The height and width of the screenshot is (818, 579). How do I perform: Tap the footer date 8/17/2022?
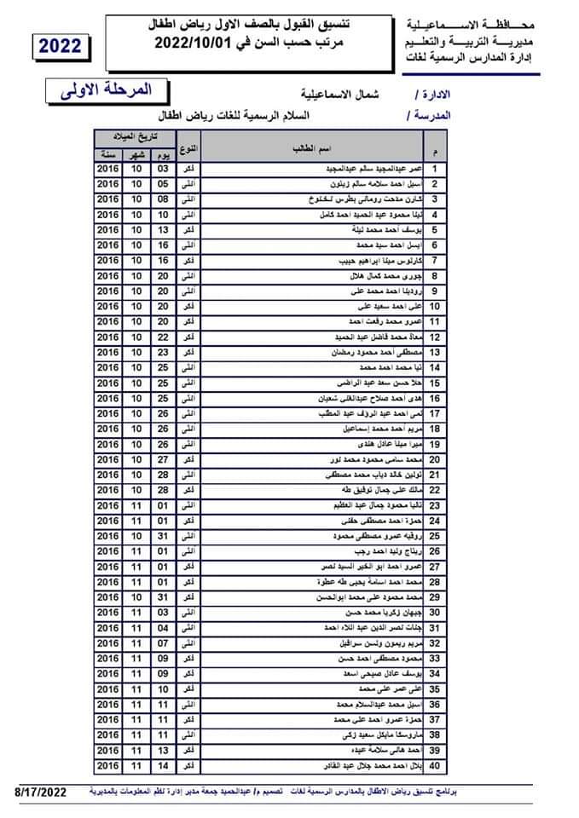tap(40, 792)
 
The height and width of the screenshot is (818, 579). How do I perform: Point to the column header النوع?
tap(189, 149)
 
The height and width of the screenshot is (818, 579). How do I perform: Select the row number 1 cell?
tap(436, 169)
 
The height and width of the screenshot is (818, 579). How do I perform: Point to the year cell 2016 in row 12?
tap(108, 337)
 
